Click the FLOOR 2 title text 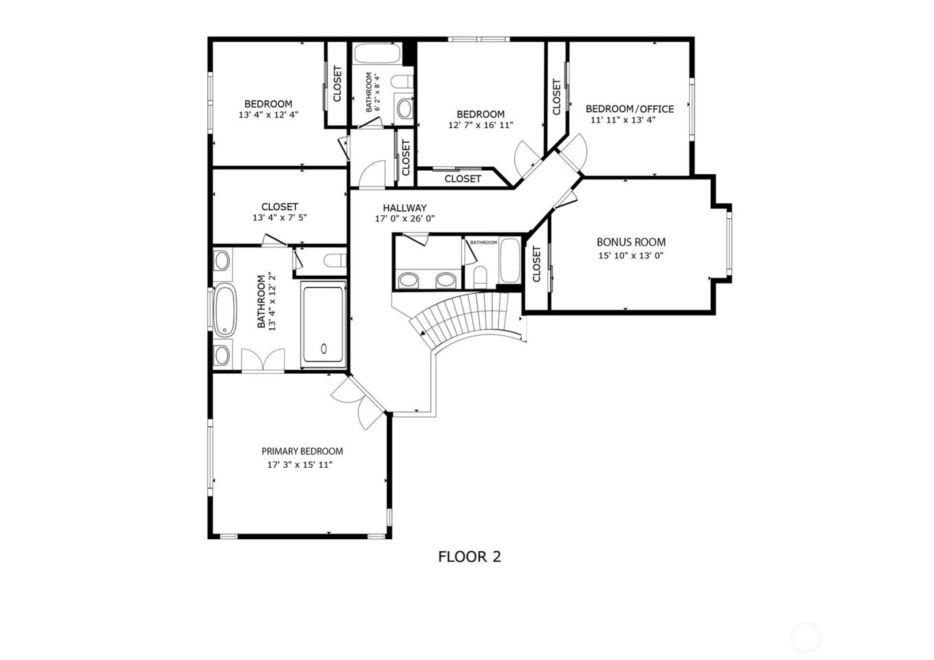coord(469,557)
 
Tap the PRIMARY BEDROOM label coord(302,451)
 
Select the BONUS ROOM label coord(630,242)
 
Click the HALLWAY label coord(404,208)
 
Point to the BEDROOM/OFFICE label coord(629,109)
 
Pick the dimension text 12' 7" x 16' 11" coord(480,125)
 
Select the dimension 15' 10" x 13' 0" coord(630,256)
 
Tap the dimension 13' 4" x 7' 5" coord(280,218)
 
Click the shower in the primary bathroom coord(324,324)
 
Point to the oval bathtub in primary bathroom coord(225,310)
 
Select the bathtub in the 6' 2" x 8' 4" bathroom coord(376,53)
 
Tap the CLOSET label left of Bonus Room coord(537,264)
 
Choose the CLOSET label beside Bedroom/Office coord(556,97)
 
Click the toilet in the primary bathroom coord(332,260)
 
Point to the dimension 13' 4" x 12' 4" coord(268,115)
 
